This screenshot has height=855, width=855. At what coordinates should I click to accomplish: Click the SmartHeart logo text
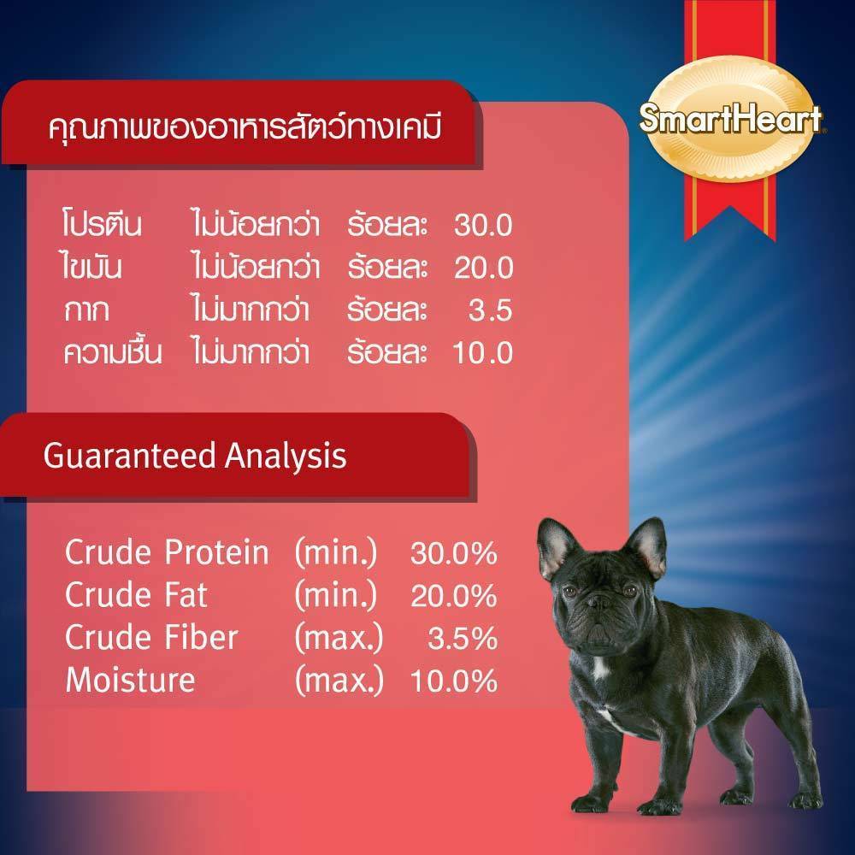(731, 118)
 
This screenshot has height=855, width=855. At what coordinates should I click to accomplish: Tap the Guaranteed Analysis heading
(195, 456)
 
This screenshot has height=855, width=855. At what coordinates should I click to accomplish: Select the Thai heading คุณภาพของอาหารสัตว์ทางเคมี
(245, 128)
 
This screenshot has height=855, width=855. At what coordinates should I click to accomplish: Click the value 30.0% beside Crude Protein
(454, 553)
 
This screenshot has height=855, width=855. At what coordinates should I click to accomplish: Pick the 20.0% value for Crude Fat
(454, 595)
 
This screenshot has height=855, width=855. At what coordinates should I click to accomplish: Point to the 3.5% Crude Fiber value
(463, 639)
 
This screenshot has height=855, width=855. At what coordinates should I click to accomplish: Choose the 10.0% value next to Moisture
(454, 681)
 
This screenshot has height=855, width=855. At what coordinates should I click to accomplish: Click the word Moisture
(130, 680)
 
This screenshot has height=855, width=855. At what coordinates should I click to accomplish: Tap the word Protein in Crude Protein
(217, 551)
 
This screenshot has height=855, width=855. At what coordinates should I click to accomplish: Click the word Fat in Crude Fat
(186, 594)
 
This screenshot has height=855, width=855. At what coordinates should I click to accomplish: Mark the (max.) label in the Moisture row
(339, 681)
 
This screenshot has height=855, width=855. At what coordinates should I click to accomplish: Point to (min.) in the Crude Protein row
(336, 553)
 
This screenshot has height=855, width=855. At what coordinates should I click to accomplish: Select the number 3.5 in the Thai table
(490, 310)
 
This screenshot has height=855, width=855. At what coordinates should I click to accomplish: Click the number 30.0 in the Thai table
(483, 225)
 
